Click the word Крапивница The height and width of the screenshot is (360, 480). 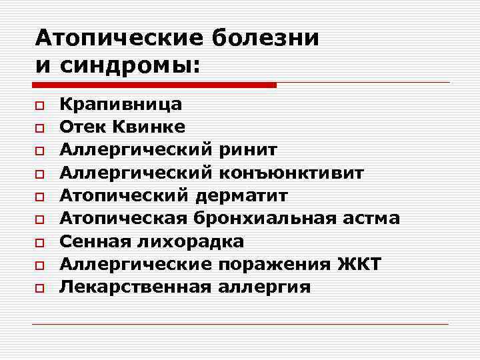pos(120,104)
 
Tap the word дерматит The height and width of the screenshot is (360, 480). pos(242,195)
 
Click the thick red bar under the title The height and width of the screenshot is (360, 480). pos(154,85)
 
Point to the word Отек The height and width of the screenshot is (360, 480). pos(77,127)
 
